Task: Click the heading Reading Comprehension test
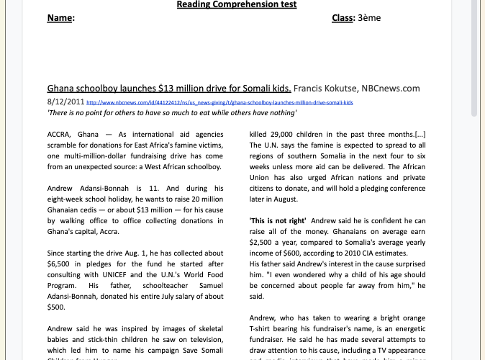237,5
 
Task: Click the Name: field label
60,18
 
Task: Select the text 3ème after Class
371,18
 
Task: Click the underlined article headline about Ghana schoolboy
169,89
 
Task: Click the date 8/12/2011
65,102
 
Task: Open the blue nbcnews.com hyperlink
219,103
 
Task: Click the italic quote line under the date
171,114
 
